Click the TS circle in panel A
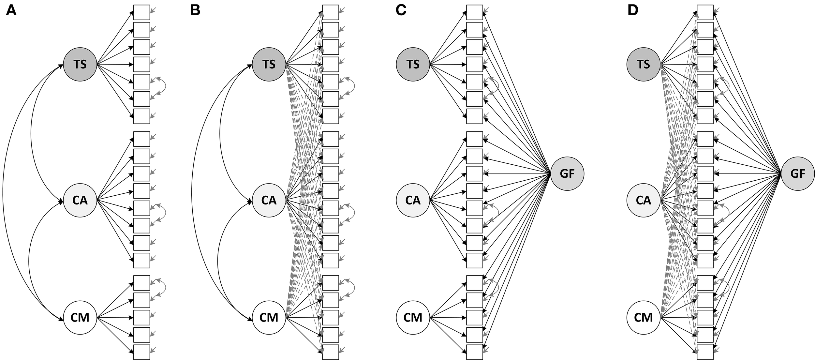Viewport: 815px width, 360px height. pos(80,64)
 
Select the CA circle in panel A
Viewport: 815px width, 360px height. pos(80,200)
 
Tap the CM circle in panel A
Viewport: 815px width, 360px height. pos(80,317)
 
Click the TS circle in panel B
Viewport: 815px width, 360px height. pos(269,64)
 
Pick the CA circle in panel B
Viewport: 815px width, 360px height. pos(269,200)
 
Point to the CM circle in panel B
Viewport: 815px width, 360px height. pos(269,317)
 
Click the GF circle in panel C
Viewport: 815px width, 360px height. pos(567,174)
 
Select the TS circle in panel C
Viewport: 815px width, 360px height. pos(413,64)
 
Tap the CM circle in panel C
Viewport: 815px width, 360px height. pos(413,317)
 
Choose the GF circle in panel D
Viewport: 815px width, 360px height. pos(798,174)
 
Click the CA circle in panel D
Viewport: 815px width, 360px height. pos(644,200)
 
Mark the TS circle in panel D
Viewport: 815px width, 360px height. pos(644,64)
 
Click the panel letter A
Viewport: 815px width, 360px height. pos(11,11)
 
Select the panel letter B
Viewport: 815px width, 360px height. pos(195,11)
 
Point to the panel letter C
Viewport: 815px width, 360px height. pos(401,11)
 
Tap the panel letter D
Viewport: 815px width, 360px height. pos(633,11)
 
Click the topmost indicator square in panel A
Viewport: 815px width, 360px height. pos(142,12)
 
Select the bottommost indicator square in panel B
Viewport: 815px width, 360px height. pos(331,352)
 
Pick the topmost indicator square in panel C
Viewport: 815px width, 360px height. pos(475,12)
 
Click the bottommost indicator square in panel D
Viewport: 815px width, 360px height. pos(705,352)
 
